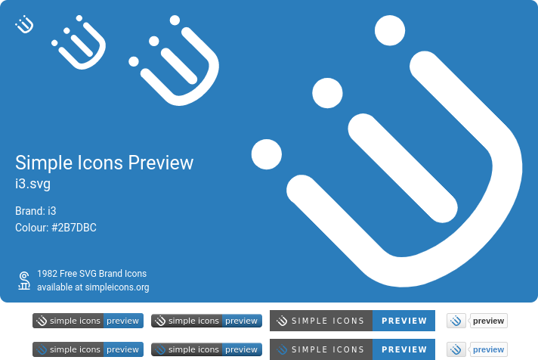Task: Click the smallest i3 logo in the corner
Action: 25,25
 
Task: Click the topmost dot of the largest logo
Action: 391,31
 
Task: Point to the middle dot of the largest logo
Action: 328,92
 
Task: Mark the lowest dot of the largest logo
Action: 266,154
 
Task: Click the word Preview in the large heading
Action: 160,163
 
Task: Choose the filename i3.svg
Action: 32,184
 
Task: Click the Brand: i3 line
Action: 36,211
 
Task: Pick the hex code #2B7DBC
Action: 73,228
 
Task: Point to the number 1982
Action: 48,274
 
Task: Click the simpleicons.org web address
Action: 117,287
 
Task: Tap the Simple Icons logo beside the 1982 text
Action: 24,280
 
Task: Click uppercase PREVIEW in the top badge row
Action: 403,321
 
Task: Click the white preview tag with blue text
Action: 488,349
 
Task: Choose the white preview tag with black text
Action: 488,321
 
